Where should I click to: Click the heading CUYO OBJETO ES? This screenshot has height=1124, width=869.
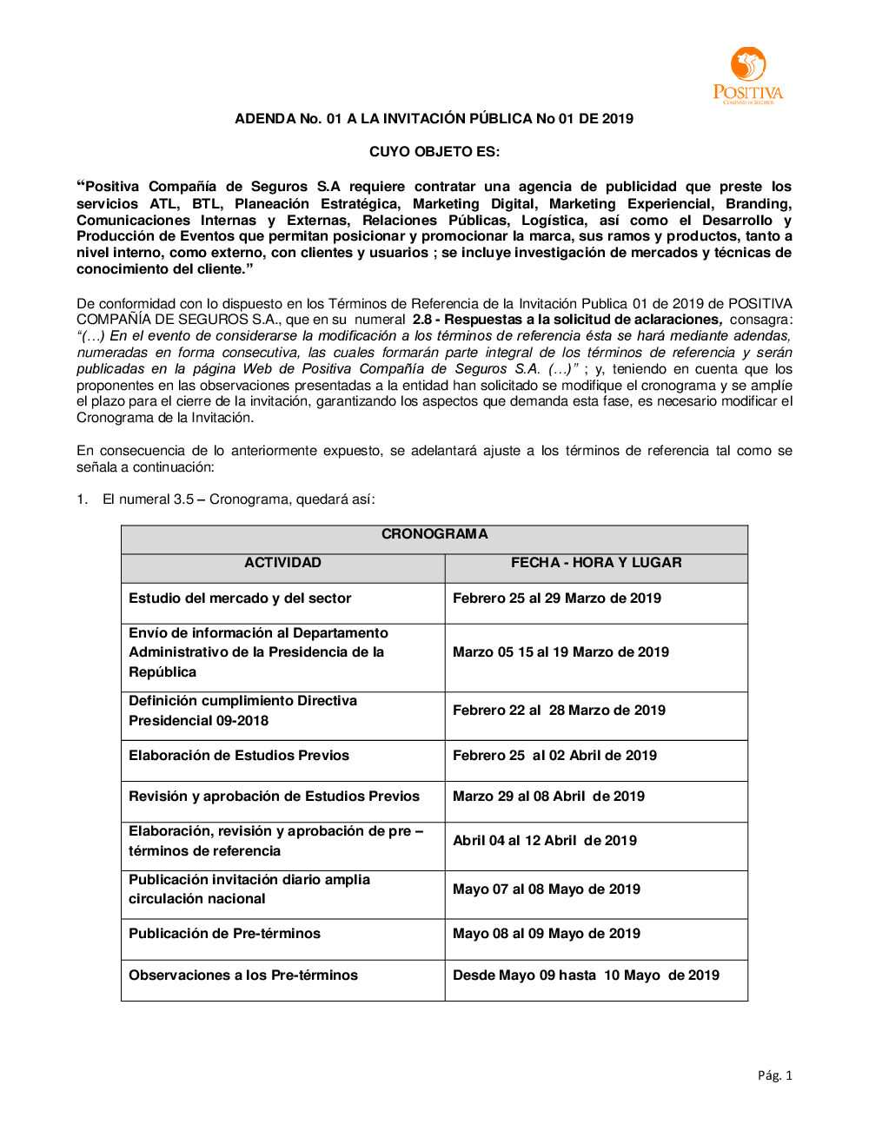[x=434, y=152]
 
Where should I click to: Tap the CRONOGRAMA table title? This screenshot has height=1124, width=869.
[x=434, y=534]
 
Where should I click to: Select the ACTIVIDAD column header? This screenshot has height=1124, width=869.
[x=282, y=563]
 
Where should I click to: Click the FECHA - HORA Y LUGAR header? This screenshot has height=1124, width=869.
[x=596, y=563]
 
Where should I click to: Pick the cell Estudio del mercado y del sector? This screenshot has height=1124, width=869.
[x=240, y=598]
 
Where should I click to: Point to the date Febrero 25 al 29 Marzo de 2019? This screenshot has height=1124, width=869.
[x=557, y=598]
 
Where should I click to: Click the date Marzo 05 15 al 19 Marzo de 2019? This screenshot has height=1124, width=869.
[x=561, y=652]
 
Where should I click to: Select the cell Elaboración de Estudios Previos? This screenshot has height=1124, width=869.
[x=239, y=756]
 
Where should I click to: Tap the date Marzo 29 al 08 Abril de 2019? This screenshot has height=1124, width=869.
[x=548, y=797]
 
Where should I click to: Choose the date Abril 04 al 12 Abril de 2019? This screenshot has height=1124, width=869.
[x=545, y=841]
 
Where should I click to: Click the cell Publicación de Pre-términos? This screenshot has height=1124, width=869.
[x=224, y=934]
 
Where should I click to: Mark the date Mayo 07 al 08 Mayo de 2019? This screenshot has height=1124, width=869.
[x=547, y=889]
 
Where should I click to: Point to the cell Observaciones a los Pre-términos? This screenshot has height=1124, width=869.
[x=243, y=975]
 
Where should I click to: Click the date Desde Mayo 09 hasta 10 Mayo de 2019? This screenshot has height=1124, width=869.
[x=586, y=975]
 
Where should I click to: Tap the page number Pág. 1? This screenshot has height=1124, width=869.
[x=774, y=1075]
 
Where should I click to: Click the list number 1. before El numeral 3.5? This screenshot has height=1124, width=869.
[x=82, y=499]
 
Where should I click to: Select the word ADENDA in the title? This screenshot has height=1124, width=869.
[x=265, y=119]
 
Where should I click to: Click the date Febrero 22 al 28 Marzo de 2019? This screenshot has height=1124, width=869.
[x=559, y=711]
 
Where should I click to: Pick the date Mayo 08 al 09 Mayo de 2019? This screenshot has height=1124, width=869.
[x=547, y=934]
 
